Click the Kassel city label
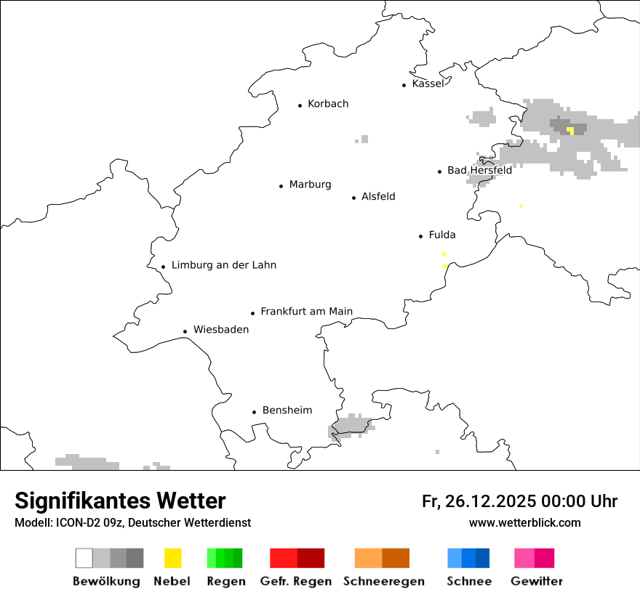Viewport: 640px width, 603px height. pos(428,84)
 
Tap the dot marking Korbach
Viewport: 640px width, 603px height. pos(300,105)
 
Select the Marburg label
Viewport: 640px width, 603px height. pos(310,185)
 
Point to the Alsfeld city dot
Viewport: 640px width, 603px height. pos(354,198)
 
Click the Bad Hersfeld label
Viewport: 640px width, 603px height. pos(479,170)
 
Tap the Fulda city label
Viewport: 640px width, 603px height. pos(442,235)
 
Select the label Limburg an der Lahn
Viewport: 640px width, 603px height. pos(224,265)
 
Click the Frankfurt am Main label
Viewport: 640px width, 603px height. pos(306,312)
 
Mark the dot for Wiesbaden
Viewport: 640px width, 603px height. pos(185,331)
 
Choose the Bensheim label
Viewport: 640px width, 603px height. pos(287,410)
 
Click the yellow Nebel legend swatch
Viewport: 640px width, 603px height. pos(172,558)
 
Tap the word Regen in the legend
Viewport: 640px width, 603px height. pos(225,581)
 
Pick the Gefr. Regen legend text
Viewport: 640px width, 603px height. pos(296,581)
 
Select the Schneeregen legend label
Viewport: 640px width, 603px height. pos(384,581)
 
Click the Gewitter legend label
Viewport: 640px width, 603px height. pos(537,581)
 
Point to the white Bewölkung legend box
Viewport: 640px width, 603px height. pos(84,558)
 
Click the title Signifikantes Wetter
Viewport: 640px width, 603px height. pos(120,501)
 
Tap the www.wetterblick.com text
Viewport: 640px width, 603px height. pos(524,522)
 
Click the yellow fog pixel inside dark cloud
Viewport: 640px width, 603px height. pos(571,131)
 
